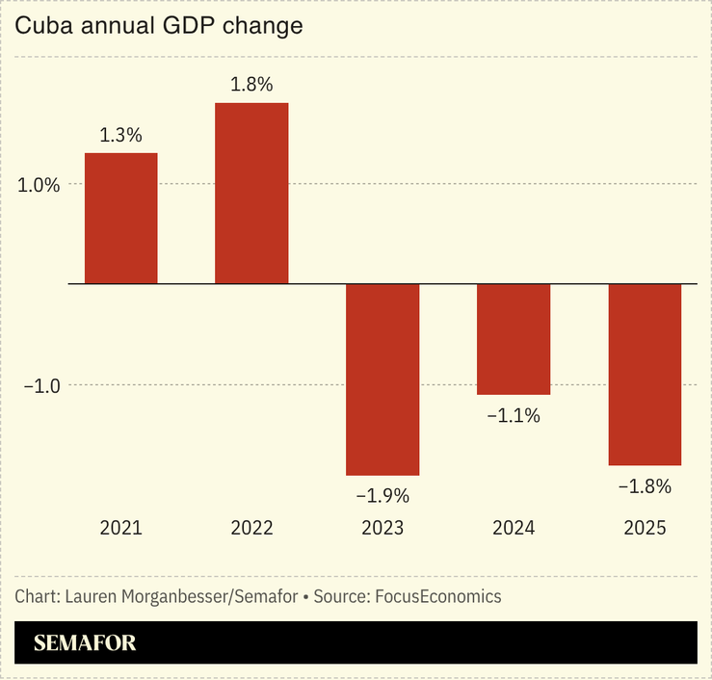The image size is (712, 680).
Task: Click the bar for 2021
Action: (120, 219)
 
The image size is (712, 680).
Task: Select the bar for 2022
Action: (251, 194)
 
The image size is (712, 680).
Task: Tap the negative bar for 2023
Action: (382, 379)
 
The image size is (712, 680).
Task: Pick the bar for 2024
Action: (514, 339)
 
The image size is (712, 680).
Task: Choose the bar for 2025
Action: (645, 375)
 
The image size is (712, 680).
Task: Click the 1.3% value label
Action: (120, 136)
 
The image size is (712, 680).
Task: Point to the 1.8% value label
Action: (251, 85)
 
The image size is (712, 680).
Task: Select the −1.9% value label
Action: (382, 496)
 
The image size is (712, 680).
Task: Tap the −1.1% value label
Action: (514, 416)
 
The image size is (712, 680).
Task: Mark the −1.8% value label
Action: (645, 486)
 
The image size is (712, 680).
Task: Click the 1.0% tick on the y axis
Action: (39, 184)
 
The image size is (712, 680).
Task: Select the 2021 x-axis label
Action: (120, 528)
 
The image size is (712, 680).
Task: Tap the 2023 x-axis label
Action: (382, 528)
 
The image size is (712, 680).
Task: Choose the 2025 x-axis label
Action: (645, 528)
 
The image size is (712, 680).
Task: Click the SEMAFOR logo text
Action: (85, 643)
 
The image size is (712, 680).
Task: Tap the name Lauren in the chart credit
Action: (94, 596)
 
